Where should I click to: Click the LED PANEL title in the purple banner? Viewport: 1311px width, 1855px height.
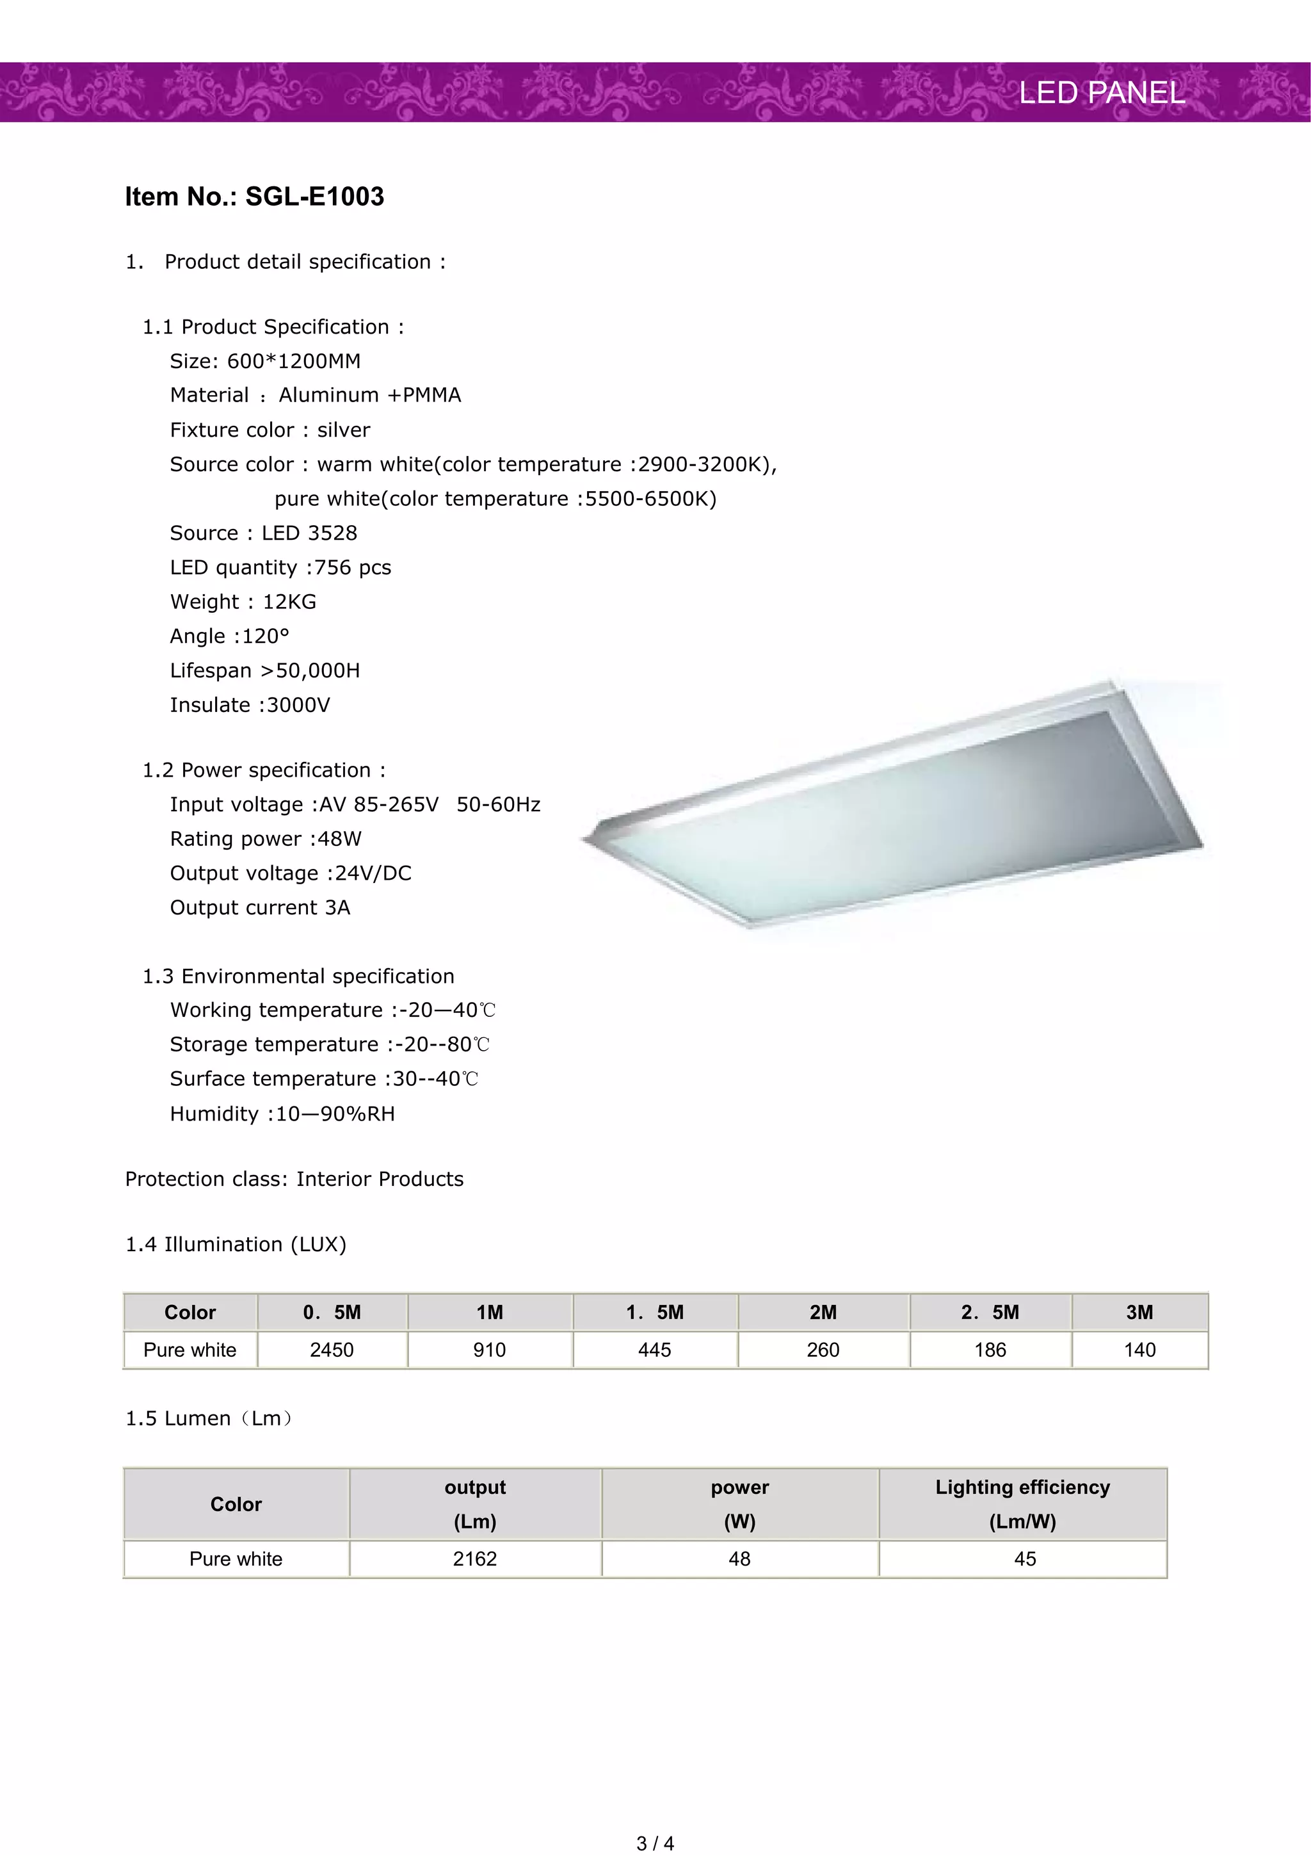(1102, 93)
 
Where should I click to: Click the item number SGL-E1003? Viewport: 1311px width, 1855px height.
(314, 197)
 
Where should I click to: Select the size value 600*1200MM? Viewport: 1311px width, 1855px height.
(293, 361)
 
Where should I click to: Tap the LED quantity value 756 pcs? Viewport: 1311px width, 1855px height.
(352, 567)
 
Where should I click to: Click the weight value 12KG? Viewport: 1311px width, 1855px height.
(289, 602)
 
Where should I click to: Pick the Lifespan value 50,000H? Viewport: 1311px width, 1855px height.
(318, 670)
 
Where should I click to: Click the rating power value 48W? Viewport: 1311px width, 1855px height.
(339, 839)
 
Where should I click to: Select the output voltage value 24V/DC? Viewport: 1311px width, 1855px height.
(373, 873)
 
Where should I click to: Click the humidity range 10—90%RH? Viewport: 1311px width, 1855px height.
(335, 1114)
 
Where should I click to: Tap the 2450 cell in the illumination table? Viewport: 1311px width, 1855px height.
(332, 1350)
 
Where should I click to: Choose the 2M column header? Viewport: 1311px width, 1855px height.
(823, 1313)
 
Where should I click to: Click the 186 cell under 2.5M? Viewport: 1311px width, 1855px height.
(990, 1350)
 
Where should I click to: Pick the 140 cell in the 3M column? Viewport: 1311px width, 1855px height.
(1139, 1350)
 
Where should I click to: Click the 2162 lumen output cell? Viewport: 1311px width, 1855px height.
(475, 1559)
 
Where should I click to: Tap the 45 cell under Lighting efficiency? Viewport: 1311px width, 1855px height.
(1025, 1559)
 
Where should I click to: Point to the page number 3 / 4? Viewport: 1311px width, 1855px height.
(655, 1843)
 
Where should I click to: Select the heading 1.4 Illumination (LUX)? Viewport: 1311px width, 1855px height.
(236, 1244)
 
